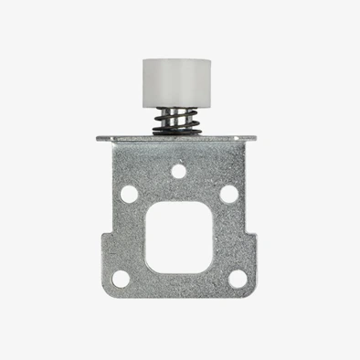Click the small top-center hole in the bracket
179,170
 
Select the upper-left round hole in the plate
130,194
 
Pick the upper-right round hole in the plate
228,194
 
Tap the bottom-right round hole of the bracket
237,279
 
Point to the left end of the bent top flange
101,140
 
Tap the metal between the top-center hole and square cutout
179,189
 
